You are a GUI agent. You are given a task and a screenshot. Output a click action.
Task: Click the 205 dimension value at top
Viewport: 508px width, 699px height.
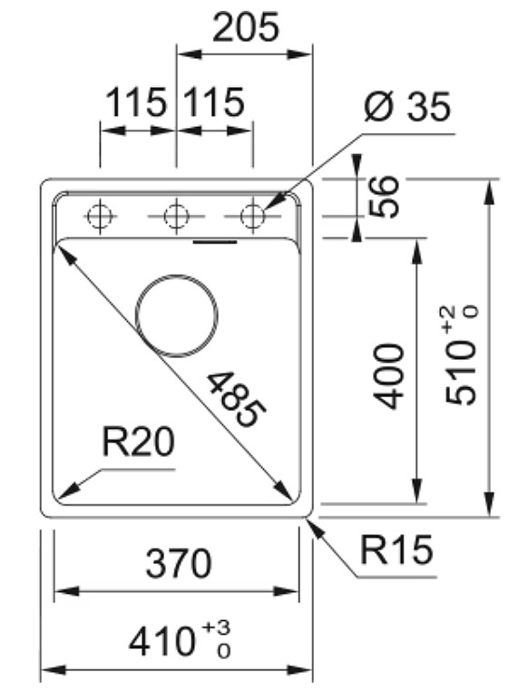coord(246,27)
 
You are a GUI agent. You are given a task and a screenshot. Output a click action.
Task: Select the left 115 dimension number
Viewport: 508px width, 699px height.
coord(136,102)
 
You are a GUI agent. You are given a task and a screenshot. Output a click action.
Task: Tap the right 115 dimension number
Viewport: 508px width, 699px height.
coord(214,102)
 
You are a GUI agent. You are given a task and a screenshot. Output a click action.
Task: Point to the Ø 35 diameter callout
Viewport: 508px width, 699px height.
coord(407,107)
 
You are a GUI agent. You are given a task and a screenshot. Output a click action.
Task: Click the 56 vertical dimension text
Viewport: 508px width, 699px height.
coord(384,197)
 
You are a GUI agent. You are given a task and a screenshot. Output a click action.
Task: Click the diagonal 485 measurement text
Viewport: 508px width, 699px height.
coord(237,400)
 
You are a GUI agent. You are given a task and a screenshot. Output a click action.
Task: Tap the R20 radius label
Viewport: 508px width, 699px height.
coord(138,442)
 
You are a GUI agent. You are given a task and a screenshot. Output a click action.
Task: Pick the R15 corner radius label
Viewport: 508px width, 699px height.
coord(396,549)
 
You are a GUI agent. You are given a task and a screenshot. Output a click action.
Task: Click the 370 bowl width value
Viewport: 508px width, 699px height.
coord(179,563)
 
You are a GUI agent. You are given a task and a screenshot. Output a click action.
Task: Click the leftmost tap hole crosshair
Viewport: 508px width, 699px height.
coord(101,217)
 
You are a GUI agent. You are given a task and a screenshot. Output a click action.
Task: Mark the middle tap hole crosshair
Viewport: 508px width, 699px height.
coord(177,217)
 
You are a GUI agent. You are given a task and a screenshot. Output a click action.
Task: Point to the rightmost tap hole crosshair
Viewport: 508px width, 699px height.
coord(253,217)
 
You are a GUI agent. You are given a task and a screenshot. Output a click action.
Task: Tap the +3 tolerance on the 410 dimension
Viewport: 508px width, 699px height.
coord(217,627)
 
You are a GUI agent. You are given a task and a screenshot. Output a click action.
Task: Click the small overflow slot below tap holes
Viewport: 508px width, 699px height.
coord(214,242)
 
